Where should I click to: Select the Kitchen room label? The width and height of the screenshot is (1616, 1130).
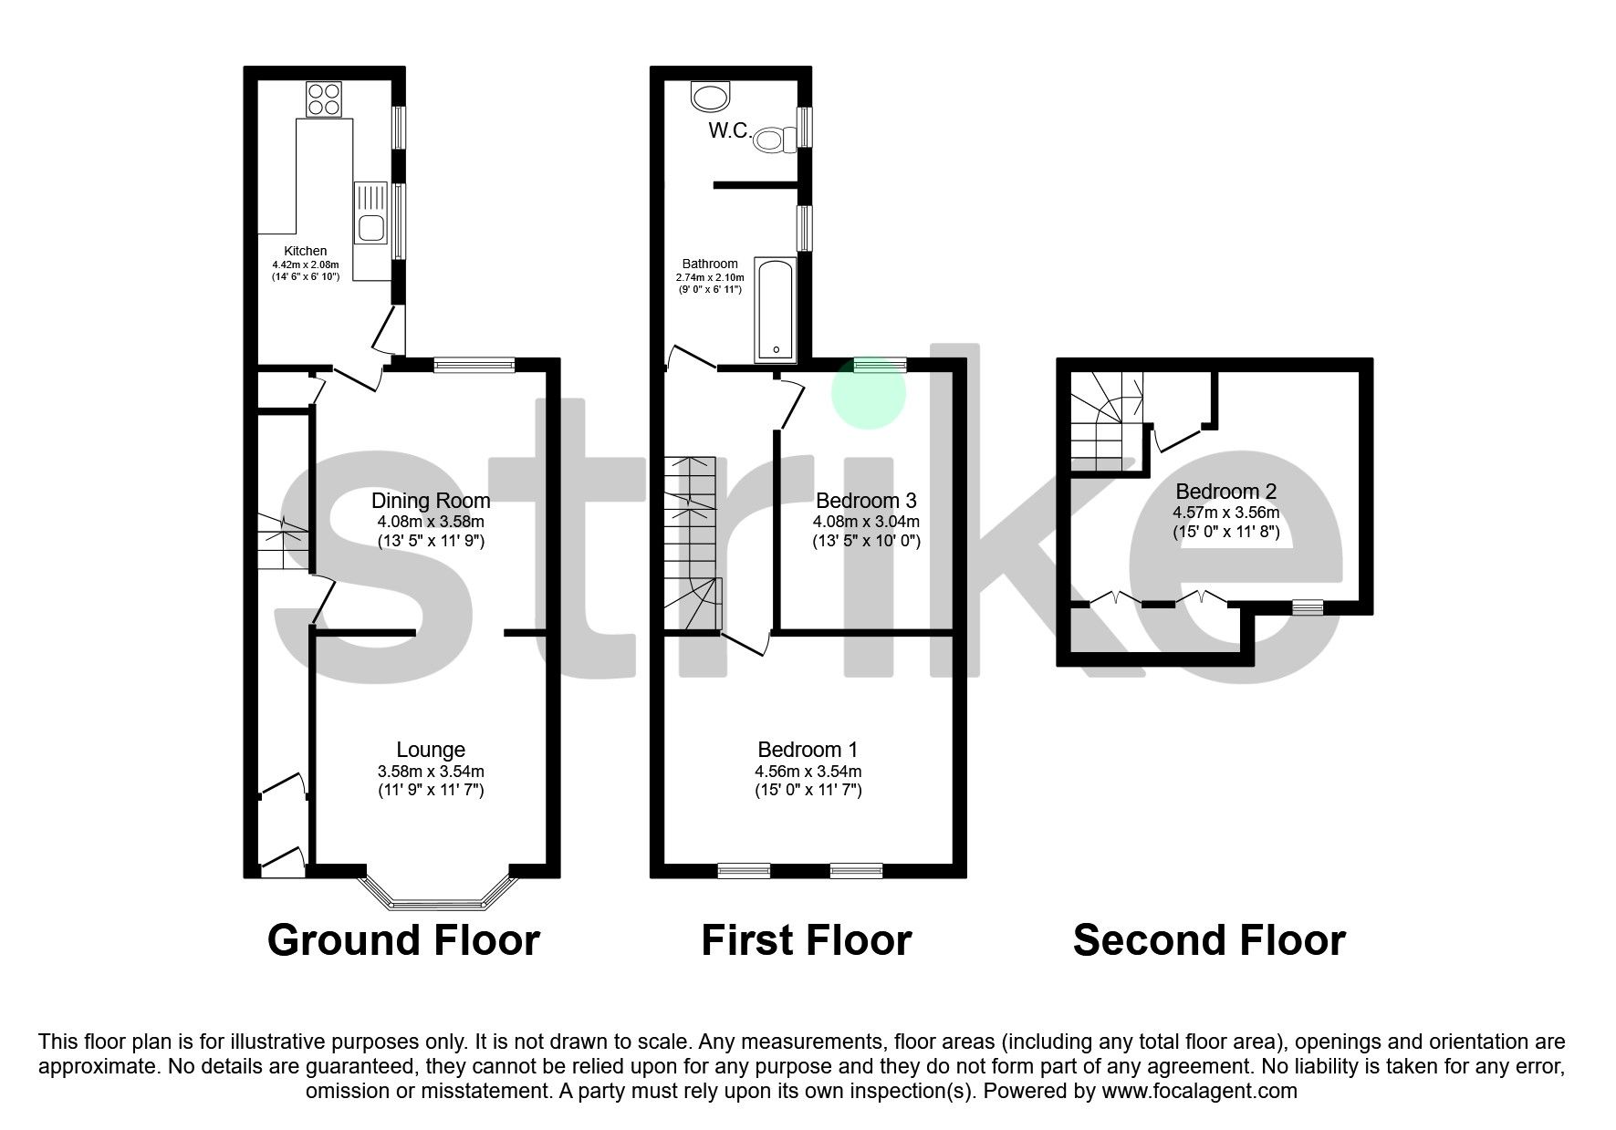[305, 251]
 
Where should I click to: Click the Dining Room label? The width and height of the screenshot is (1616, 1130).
[431, 501]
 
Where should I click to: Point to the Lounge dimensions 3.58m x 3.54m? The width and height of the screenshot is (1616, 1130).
[431, 772]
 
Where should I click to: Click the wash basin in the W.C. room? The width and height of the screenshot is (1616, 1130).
[710, 95]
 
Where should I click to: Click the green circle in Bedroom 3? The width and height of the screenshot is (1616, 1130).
[868, 392]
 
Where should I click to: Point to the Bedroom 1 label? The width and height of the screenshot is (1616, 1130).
[808, 750]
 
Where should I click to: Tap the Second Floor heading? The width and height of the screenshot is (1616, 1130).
[1208, 940]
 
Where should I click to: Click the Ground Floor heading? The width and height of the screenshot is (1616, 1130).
[403, 940]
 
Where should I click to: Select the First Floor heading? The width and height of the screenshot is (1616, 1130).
[806, 940]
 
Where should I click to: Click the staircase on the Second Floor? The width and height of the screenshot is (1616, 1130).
[1102, 420]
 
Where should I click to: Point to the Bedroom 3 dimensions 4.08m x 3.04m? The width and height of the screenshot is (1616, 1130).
[866, 523]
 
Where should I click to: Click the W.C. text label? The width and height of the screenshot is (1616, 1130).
[730, 131]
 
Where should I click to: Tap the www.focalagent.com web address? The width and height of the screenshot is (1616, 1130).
[1199, 1091]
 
